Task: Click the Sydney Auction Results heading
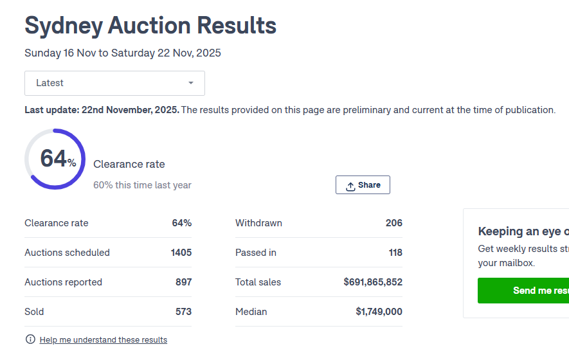click(x=150, y=26)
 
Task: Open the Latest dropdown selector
click(x=114, y=83)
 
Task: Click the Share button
click(x=363, y=185)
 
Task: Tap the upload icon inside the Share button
click(x=350, y=186)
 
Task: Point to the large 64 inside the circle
click(x=53, y=158)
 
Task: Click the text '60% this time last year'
click(x=142, y=185)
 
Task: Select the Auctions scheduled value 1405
click(x=181, y=253)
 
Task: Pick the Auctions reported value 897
click(x=183, y=282)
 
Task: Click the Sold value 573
click(x=183, y=312)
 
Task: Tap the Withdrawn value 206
click(x=393, y=223)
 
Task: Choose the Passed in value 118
click(x=395, y=253)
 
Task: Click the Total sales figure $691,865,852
click(x=373, y=282)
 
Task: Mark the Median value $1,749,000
click(x=379, y=312)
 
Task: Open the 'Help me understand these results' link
click(x=103, y=340)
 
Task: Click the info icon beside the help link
click(x=30, y=339)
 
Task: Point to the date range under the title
click(x=123, y=53)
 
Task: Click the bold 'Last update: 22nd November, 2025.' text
click(x=102, y=110)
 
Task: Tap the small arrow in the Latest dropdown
click(x=191, y=83)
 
